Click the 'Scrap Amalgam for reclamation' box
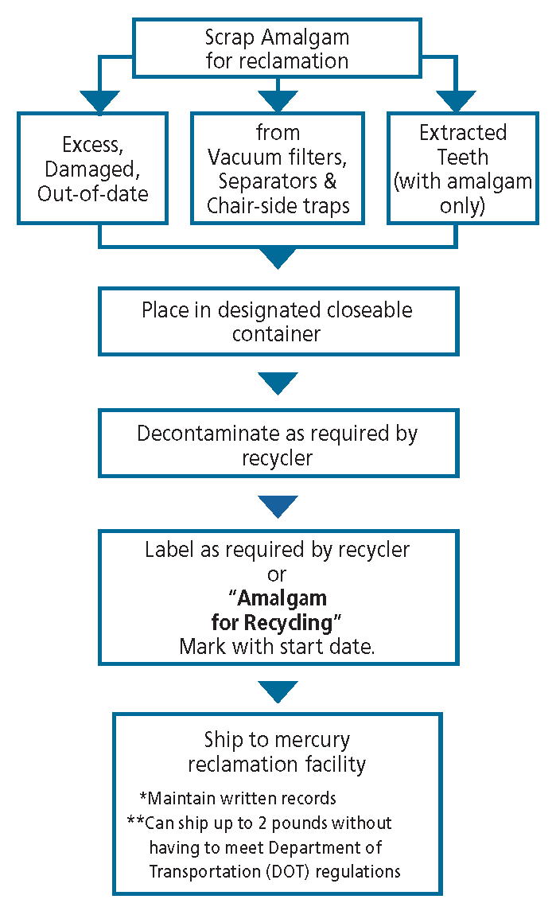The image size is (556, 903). pyautogui.click(x=277, y=49)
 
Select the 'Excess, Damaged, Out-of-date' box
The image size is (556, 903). pyautogui.click(x=93, y=169)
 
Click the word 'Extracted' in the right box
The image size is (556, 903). pyautogui.click(x=463, y=132)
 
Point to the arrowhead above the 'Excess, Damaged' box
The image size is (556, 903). pyautogui.click(x=99, y=101)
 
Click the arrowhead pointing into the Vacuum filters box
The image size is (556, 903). pyautogui.click(x=277, y=101)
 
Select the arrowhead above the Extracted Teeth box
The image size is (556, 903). pyautogui.click(x=456, y=101)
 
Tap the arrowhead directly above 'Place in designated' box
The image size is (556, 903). pyautogui.click(x=278, y=258)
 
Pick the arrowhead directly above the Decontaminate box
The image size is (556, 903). pyautogui.click(x=278, y=383)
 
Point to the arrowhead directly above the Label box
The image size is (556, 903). pyautogui.click(x=278, y=506)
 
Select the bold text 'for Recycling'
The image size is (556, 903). pyautogui.click(x=277, y=621)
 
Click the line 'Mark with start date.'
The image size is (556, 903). pyautogui.click(x=277, y=646)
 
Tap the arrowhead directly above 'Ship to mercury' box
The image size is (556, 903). pyautogui.click(x=278, y=691)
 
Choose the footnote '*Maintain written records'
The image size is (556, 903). pyautogui.click(x=237, y=797)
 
